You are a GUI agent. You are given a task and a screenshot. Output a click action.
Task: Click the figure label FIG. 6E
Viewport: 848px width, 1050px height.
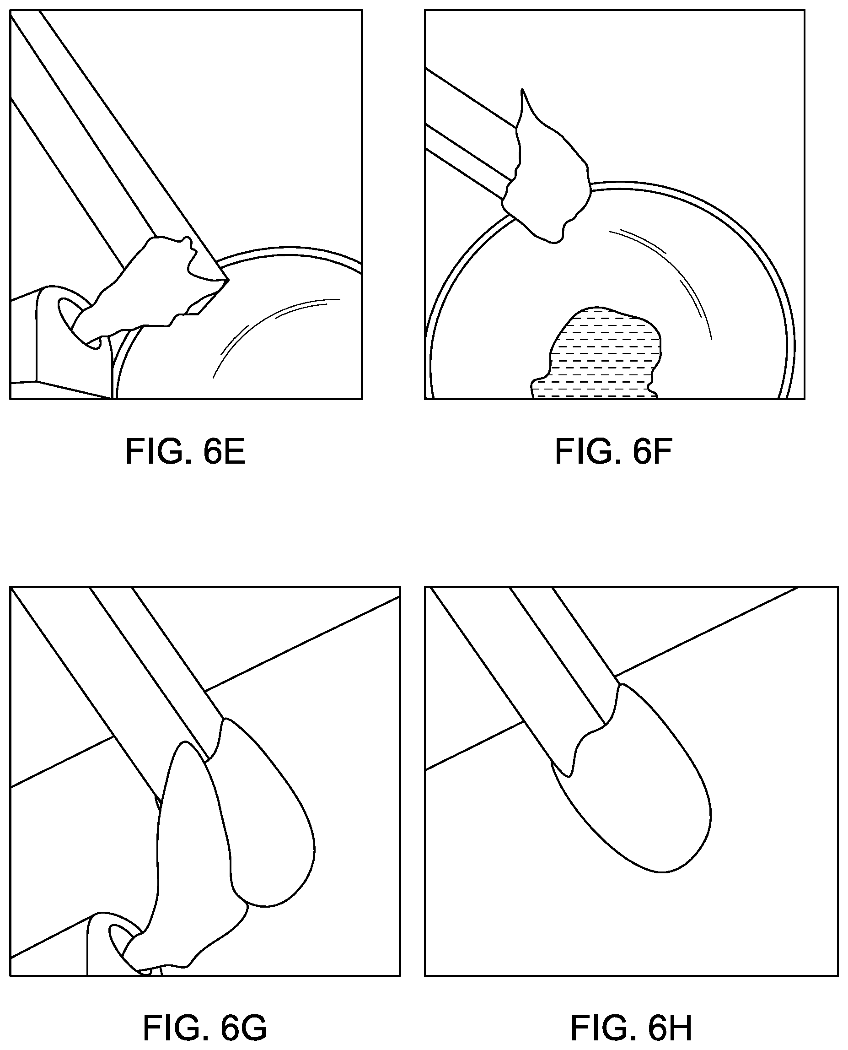pyautogui.click(x=185, y=451)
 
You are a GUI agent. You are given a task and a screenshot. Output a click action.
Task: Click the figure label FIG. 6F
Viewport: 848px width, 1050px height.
pyautogui.click(x=613, y=451)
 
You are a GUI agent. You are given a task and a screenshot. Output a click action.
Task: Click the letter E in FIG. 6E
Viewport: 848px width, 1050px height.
pyautogui.click(x=235, y=451)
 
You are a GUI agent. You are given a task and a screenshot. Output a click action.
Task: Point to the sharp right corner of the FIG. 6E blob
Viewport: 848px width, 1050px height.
pyautogui.click(x=228, y=280)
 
